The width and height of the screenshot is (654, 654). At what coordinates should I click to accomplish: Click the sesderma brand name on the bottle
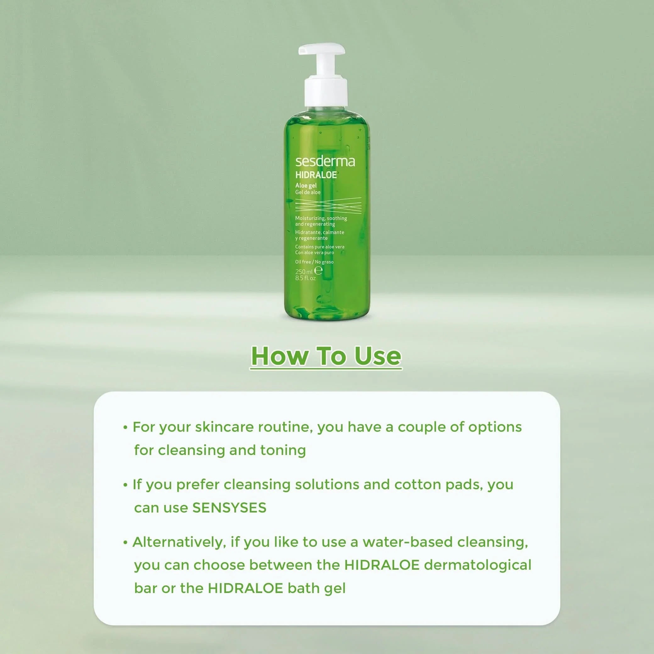[x=325, y=162]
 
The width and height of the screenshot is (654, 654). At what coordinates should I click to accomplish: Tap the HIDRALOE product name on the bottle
[x=316, y=175]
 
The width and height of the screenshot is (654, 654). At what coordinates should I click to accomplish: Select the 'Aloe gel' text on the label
[x=306, y=186]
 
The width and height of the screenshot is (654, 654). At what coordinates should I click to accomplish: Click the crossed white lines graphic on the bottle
[x=328, y=204]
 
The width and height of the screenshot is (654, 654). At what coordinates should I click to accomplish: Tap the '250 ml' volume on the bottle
[x=304, y=271]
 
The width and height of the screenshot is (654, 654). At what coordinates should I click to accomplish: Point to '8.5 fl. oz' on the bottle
[x=305, y=278]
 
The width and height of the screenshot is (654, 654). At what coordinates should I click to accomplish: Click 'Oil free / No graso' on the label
[x=314, y=262]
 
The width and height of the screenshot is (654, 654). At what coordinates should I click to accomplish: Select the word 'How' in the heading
[x=280, y=356]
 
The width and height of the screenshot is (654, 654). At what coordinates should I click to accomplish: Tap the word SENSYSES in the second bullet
[x=229, y=508]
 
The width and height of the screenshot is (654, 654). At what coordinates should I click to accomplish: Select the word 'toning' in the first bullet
[x=283, y=450]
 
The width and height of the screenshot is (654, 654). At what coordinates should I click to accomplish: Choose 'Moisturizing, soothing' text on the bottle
[x=321, y=218]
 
